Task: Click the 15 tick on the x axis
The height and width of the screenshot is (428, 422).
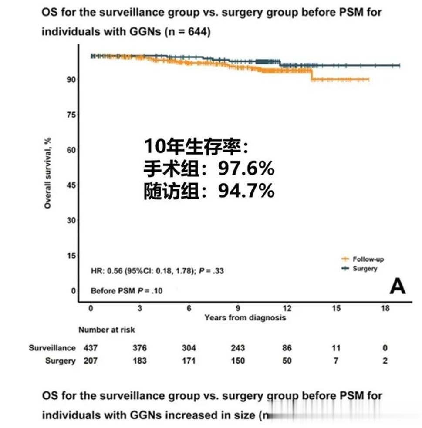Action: pos(336,309)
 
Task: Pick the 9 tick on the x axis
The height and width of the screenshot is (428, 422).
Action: pos(238,309)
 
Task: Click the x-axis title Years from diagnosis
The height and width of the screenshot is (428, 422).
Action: pos(245,317)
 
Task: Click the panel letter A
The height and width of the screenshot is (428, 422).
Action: pos(397,286)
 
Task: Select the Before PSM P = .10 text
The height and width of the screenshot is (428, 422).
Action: pos(126,291)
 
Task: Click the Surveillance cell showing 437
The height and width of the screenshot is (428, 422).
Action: pos(90,348)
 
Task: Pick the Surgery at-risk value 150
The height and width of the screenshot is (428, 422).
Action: pos(238,361)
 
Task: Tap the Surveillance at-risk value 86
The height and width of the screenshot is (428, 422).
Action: pos(287,348)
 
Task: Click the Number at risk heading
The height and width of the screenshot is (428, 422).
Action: pos(106,330)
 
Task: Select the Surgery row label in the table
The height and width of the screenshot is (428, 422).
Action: pos(60,361)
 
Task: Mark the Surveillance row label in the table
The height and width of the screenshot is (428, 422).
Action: pos(52,348)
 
